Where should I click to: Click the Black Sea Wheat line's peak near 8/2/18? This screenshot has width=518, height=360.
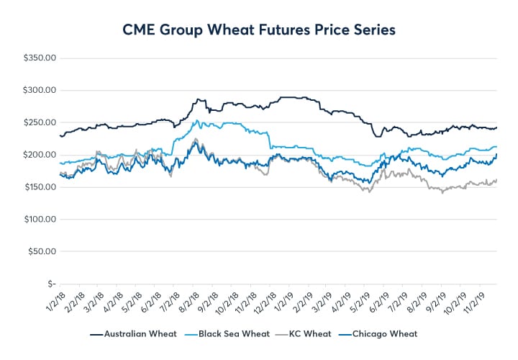coord(196,120)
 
